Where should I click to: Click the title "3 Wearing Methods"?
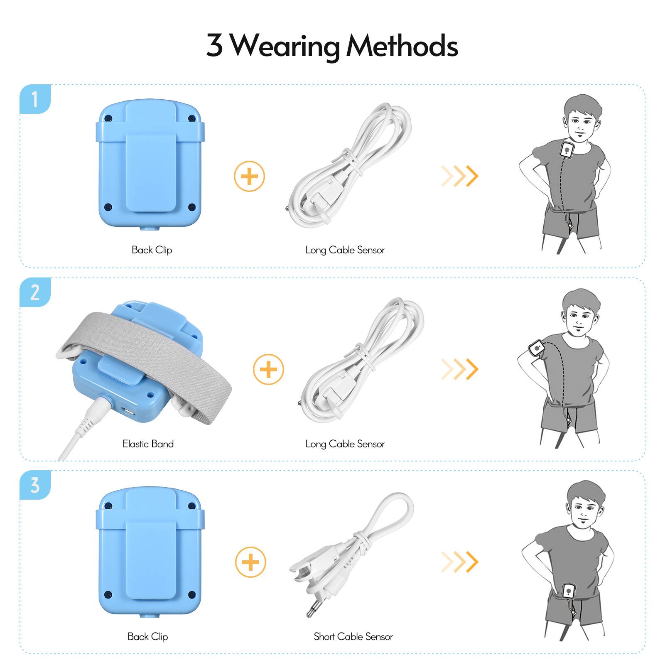click(332, 46)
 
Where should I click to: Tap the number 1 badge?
click(35, 99)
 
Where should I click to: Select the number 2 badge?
click(35, 292)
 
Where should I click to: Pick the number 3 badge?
click(35, 485)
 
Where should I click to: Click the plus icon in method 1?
click(249, 176)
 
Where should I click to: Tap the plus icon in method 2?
click(268, 369)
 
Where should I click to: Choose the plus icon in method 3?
click(250, 562)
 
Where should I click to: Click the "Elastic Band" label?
click(148, 444)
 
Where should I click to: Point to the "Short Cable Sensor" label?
click(353, 636)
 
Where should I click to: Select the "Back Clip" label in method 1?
click(152, 250)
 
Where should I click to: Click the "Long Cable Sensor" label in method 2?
click(345, 444)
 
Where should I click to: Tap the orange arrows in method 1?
click(459, 176)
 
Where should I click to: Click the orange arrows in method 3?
click(459, 562)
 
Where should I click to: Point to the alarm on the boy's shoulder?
click(567, 150)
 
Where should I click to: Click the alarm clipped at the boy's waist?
click(569, 591)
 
